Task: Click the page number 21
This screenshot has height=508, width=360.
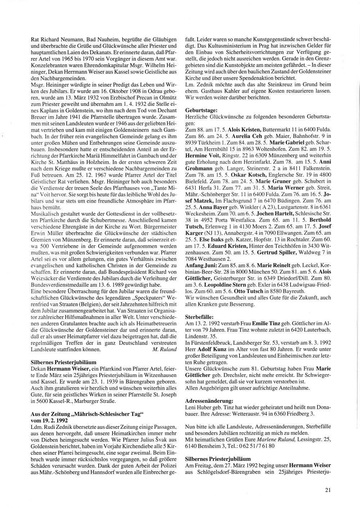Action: point(328,489)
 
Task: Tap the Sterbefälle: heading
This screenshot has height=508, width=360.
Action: point(199,317)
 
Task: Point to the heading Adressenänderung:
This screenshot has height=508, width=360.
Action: point(209,400)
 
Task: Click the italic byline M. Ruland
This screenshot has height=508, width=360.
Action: point(165,349)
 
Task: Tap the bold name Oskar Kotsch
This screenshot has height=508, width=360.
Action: point(229,173)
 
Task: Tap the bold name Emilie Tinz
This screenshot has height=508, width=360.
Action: point(265,323)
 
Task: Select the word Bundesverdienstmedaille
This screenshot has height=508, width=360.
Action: point(58,285)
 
